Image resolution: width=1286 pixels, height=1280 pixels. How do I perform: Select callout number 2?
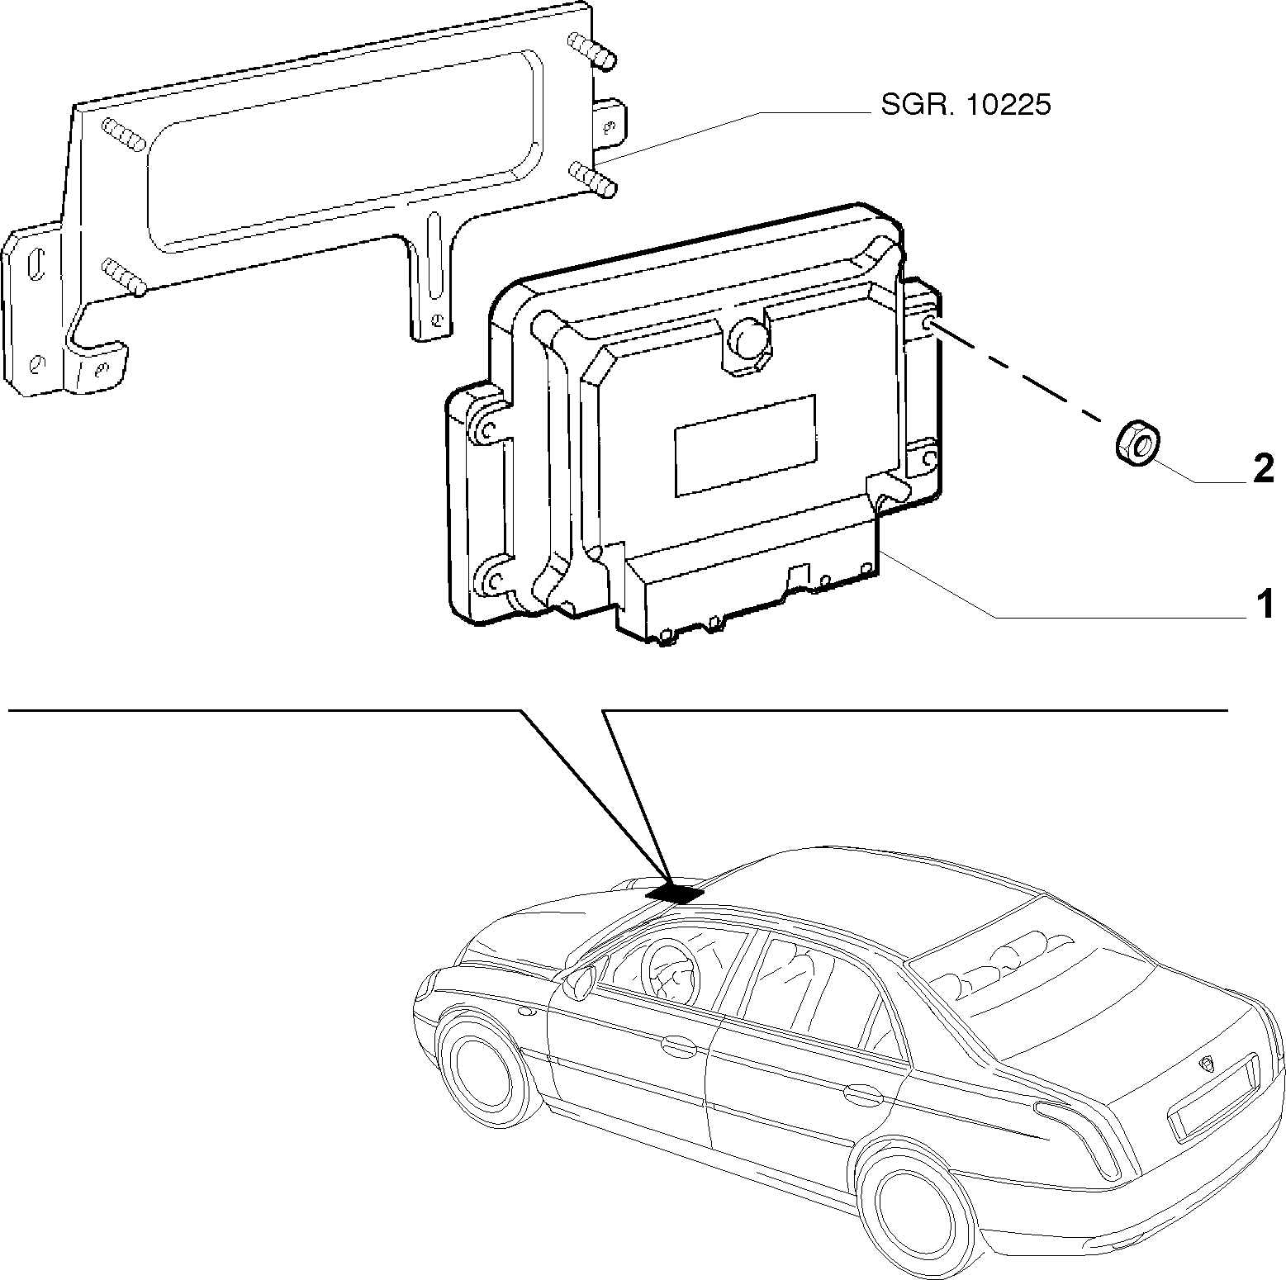(1264, 470)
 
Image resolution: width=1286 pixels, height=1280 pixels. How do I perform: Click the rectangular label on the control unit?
(745, 445)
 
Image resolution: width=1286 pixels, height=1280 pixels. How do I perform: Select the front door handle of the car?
(678, 1045)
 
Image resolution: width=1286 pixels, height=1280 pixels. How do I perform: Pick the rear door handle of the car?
(862, 1097)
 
